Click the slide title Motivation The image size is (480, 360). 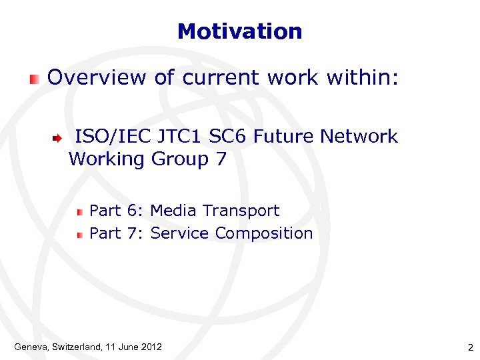coord(240,31)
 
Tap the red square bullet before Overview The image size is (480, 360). coord(34,79)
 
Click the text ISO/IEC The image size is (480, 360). coord(114,137)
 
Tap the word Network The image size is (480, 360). coord(359,137)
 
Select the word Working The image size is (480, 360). coord(107,160)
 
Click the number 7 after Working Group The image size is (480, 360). coord(221,159)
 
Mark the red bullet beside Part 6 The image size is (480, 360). coord(79,212)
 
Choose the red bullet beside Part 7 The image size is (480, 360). coord(79,235)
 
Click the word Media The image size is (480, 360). coord(173,211)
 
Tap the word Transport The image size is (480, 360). coord(241,211)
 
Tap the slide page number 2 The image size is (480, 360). coord(470,347)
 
